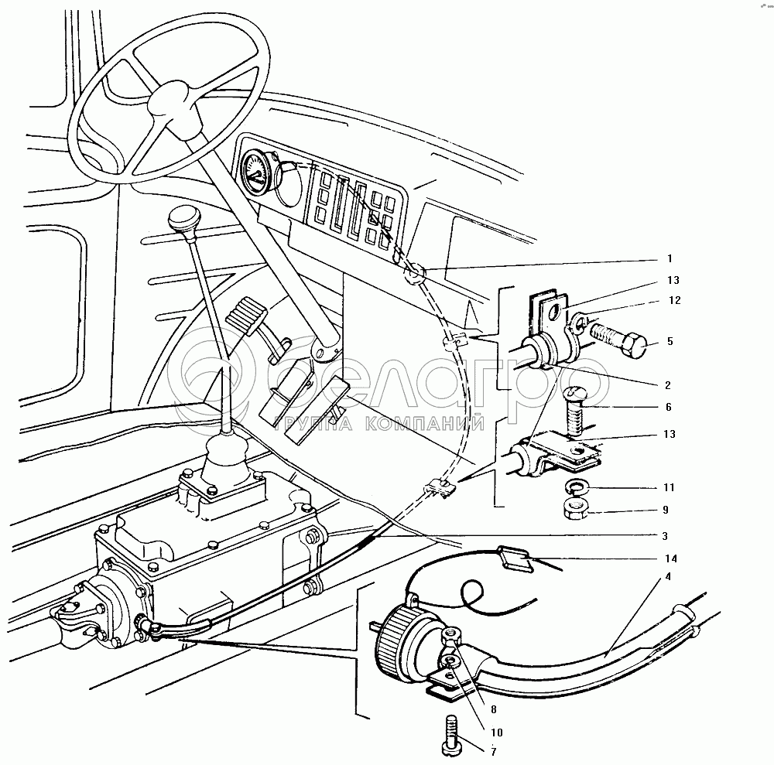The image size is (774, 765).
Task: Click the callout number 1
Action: (670, 258)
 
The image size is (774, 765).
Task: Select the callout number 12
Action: (674, 301)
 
